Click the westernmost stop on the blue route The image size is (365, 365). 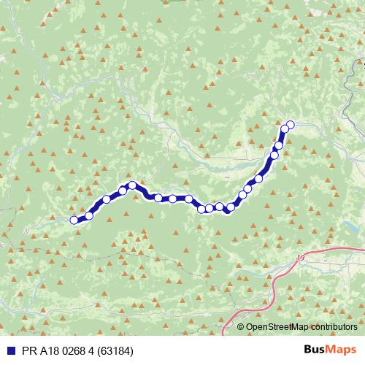pyautogui.click(x=74, y=220)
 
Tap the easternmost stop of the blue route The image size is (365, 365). pyautogui.click(x=290, y=125)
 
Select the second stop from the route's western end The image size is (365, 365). pyautogui.click(x=89, y=215)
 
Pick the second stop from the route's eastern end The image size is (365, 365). pyautogui.click(x=285, y=129)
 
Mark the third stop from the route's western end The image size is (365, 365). pyautogui.click(x=107, y=199)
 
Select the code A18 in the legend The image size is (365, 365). pyautogui.click(x=45, y=350)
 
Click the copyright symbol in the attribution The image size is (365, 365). pyautogui.click(x=241, y=327)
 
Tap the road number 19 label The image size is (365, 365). pyautogui.click(x=301, y=258)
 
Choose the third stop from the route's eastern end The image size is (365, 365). pyautogui.click(x=278, y=145)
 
